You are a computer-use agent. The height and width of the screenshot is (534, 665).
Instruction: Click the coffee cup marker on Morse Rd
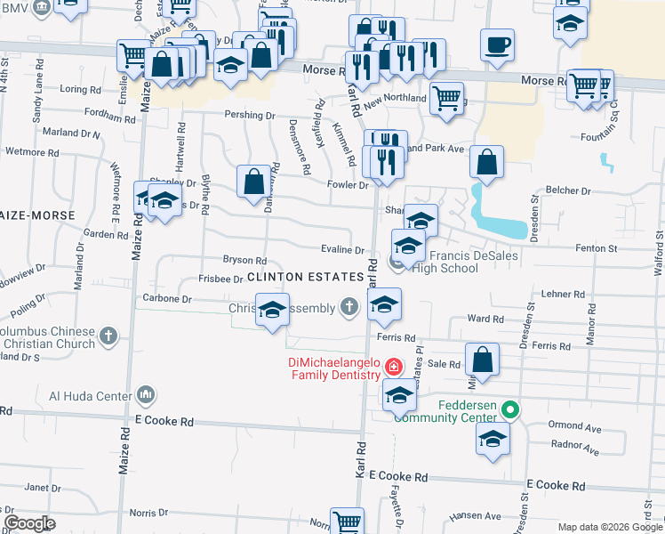click(x=497, y=44)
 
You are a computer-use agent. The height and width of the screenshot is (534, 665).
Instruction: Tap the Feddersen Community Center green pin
click(x=509, y=410)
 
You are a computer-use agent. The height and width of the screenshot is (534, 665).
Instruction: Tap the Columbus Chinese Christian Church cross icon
click(x=108, y=336)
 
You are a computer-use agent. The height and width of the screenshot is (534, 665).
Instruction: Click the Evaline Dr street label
click(x=342, y=252)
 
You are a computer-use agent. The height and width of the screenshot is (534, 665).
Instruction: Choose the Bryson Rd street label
click(x=244, y=261)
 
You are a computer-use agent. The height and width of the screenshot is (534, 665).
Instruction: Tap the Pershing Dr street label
click(x=250, y=116)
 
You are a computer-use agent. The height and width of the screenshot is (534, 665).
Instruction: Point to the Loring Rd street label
click(x=80, y=90)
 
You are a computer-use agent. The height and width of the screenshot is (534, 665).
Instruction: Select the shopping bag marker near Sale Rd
click(x=482, y=360)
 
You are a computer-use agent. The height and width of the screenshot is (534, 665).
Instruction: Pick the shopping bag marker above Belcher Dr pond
click(x=486, y=161)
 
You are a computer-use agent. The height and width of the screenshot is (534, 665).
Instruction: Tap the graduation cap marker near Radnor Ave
click(x=493, y=439)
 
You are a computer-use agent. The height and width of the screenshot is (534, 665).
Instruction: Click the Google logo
click(x=30, y=523)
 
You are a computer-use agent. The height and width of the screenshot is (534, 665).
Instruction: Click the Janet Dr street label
click(x=36, y=488)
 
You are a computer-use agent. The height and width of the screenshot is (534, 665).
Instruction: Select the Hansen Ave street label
click(x=469, y=516)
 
